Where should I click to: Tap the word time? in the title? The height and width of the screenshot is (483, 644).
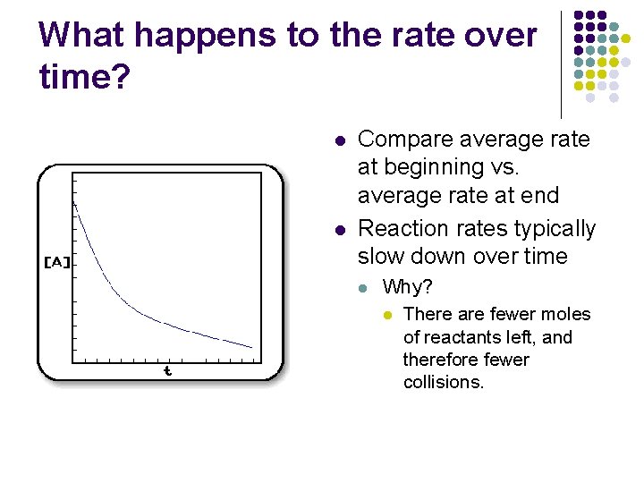[x=85, y=77]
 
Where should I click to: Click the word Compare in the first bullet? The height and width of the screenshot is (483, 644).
[x=404, y=140]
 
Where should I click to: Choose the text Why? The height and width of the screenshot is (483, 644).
[x=408, y=288]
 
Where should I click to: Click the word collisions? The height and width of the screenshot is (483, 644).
[x=444, y=383]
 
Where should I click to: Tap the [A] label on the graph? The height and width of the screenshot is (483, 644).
[x=57, y=262]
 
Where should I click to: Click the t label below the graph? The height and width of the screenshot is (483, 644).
[x=167, y=370]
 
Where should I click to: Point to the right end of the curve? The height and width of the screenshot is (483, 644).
[x=252, y=346]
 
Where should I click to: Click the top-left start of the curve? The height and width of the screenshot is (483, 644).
[x=74, y=202]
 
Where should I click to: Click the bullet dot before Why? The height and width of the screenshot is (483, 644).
[x=362, y=289]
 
